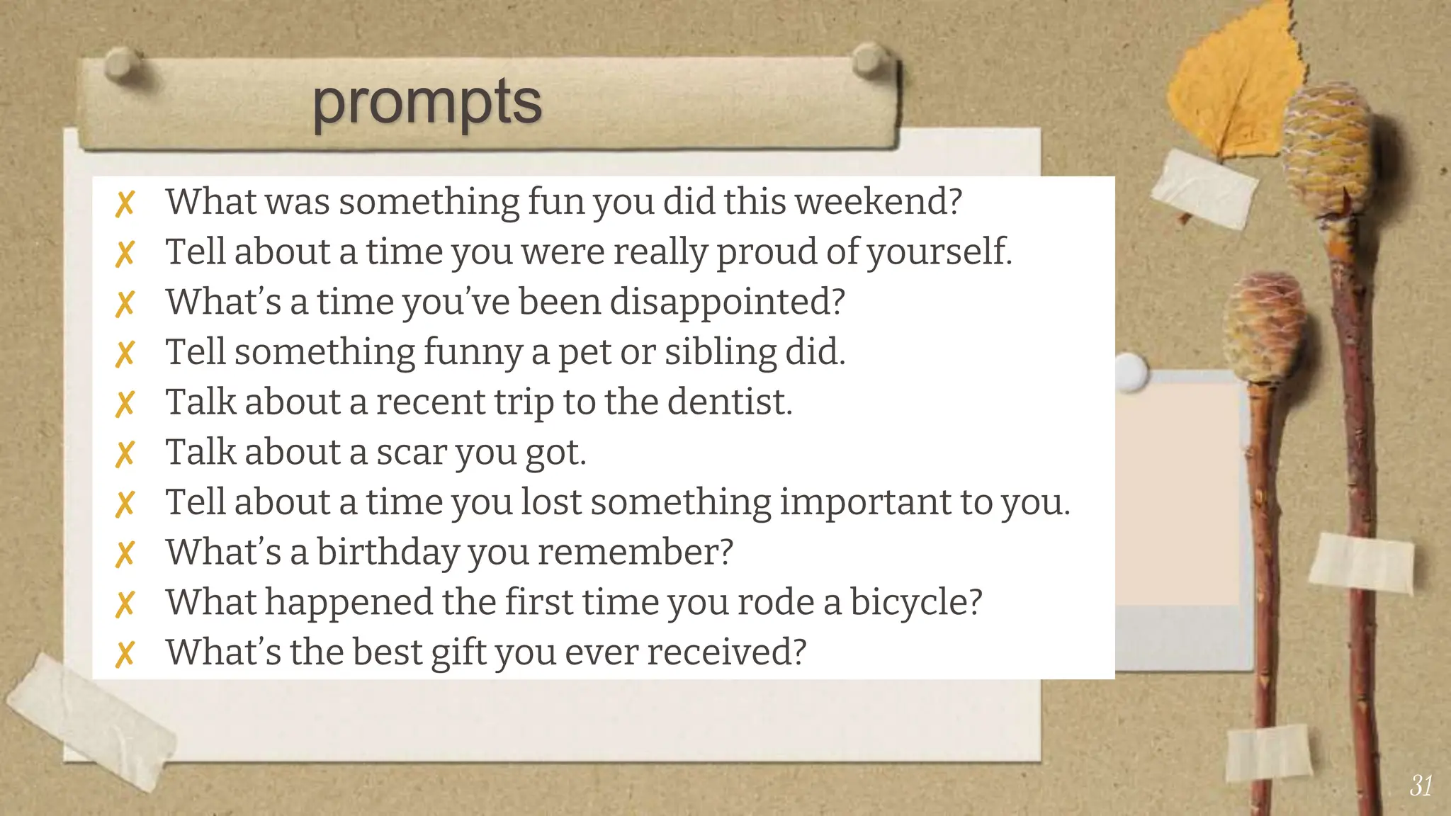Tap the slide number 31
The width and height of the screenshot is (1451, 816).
click(x=1421, y=786)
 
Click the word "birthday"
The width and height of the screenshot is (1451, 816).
click(x=388, y=552)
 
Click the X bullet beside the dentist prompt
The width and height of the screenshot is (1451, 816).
click(x=125, y=404)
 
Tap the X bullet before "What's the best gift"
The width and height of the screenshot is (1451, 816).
click(x=125, y=654)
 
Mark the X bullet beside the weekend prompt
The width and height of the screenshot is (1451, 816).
click(x=125, y=204)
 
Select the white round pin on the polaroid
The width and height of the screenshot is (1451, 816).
click(x=1131, y=370)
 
